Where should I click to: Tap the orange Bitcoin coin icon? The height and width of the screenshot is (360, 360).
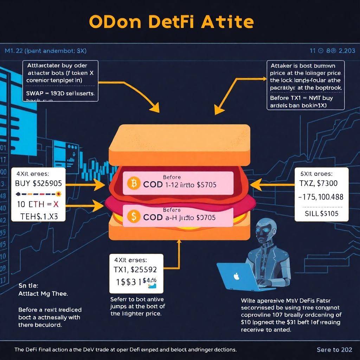click(133, 184)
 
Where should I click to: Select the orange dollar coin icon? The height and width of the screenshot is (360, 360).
click(133, 217)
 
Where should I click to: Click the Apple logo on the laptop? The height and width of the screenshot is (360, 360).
click(237, 277)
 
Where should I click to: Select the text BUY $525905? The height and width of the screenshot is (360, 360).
click(38, 183)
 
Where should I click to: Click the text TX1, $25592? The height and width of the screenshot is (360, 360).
click(136, 270)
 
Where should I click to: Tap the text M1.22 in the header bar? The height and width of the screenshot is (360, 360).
click(14, 51)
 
